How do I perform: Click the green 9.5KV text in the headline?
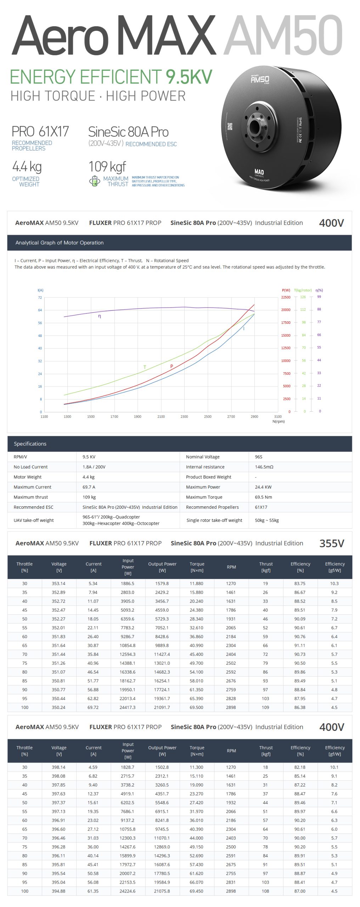click(x=189, y=77)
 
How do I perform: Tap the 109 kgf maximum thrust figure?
click(x=107, y=166)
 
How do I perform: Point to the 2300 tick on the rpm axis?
click(x=184, y=417)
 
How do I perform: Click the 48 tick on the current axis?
click(x=40, y=336)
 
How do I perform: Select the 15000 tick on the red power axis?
click(x=286, y=335)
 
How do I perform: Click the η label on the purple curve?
click(x=100, y=316)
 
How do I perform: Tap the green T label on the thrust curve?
click(x=145, y=367)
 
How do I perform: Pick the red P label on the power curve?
click(x=171, y=366)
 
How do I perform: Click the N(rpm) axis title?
click(x=279, y=421)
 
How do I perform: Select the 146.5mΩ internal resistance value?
click(x=264, y=467)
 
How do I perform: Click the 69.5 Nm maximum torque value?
click(x=263, y=497)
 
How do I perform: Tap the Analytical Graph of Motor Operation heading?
click(x=60, y=243)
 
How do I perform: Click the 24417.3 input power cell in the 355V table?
click(x=128, y=707)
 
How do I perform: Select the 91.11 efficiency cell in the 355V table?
click(x=300, y=645)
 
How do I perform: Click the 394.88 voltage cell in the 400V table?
click(x=58, y=891)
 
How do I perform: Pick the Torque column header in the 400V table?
click(x=197, y=751)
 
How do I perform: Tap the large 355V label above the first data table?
click(x=332, y=543)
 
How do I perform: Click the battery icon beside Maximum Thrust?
click(x=94, y=181)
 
